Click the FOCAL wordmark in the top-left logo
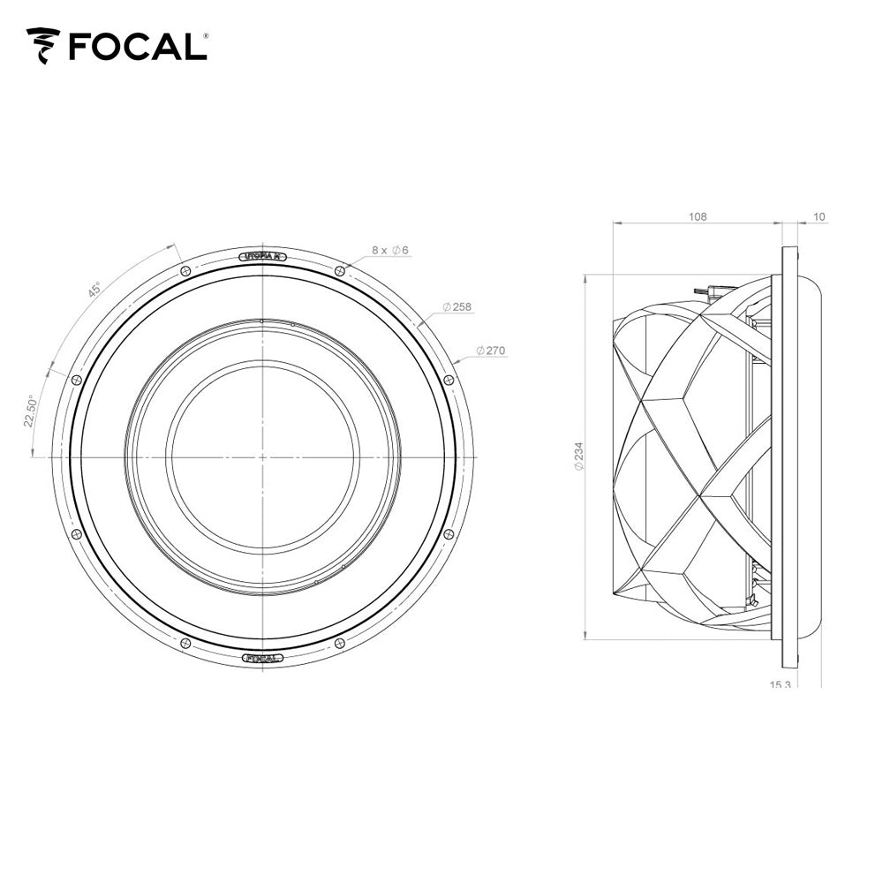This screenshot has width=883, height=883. tap(137, 46)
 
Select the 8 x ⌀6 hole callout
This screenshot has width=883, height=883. tap(389, 251)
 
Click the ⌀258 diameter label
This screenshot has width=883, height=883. tap(457, 307)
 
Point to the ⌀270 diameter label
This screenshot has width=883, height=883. tap(490, 351)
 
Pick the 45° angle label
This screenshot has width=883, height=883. tap(94, 291)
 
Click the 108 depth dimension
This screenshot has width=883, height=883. tap(698, 216)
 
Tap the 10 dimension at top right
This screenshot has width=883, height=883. tap(819, 216)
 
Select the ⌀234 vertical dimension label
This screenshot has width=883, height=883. tap(578, 457)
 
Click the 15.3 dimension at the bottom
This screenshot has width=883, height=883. tap(781, 684)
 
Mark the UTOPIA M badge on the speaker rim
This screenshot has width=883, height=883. tap(262, 256)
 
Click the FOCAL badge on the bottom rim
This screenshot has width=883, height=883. tap(262, 657)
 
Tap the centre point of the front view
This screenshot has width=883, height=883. tap(262, 457)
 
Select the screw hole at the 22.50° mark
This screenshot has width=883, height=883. tap(76, 380)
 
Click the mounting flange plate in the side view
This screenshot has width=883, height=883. tap(789, 457)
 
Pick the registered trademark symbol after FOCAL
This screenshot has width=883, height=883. tap(207, 36)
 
